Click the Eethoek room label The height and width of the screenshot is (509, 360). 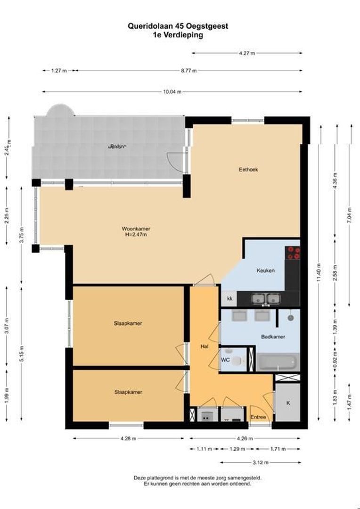(248, 169)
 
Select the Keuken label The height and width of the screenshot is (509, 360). (265, 271)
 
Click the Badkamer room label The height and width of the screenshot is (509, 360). (272, 337)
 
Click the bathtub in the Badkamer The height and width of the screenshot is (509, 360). (278, 362)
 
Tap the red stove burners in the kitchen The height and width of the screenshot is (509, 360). (294, 253)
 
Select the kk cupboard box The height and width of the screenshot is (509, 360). (229, 299)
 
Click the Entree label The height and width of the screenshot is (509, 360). (258, 417)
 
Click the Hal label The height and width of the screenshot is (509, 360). (204, 346)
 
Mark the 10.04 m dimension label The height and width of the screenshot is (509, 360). (172, 92)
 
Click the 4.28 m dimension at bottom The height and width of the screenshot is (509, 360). (128, 438)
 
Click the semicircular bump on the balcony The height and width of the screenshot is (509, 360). (60, 110)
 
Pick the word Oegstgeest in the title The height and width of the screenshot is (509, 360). (207, 26)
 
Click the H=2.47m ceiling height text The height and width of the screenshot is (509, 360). (136, 235)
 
